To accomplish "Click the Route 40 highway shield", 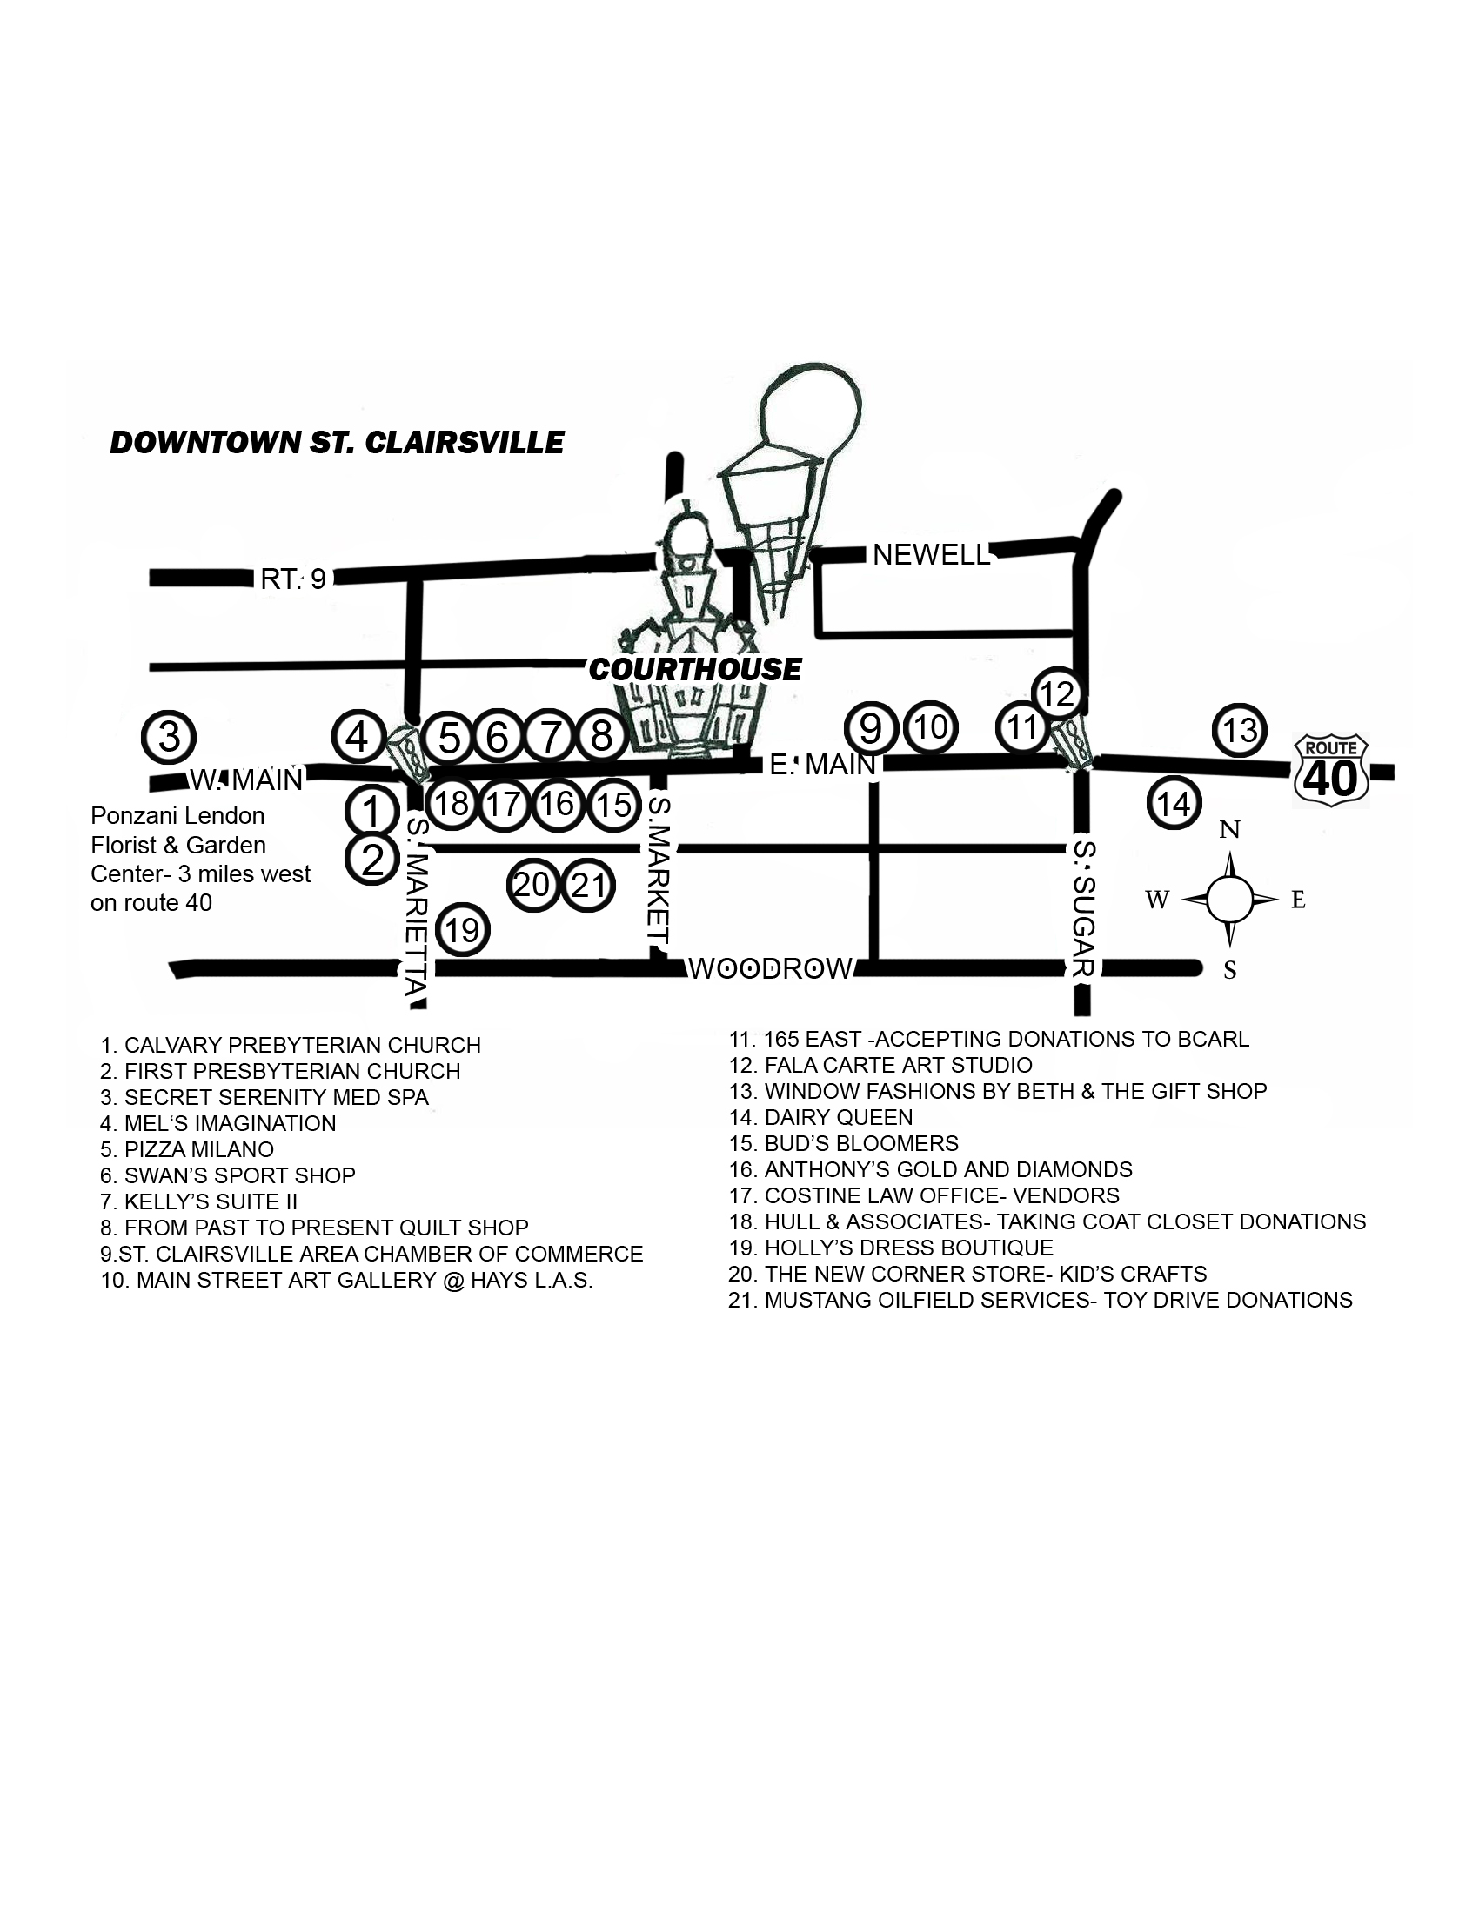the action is [x=1331, y=770].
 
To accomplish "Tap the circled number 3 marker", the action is [x=169, y=736].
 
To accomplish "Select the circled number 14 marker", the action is [x=1174, y=803].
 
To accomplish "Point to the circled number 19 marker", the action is [x=463, y=929].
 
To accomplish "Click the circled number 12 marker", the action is [x=1057, y=694].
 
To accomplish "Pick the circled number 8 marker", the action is [x=601, y=735].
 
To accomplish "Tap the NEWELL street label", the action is [x=931, y=554].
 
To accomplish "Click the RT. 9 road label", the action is [x=293, y=579].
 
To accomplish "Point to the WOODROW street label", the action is [x=770, y=968].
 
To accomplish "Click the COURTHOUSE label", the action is [x=695, y=670].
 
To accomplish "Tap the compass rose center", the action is [x=1230, y=900].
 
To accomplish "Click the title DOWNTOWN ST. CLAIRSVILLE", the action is [x=338, y=443].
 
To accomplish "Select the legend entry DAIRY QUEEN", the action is [x=821, y=1117].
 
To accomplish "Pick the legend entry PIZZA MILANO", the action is [x=187, y=1149].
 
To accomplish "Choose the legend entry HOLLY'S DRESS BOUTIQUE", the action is [x=891, y=1248].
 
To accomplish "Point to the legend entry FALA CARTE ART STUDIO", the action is [x=880, y=1065].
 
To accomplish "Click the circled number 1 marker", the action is [x=372, y=811].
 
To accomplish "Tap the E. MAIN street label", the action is [x=823, y=765].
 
